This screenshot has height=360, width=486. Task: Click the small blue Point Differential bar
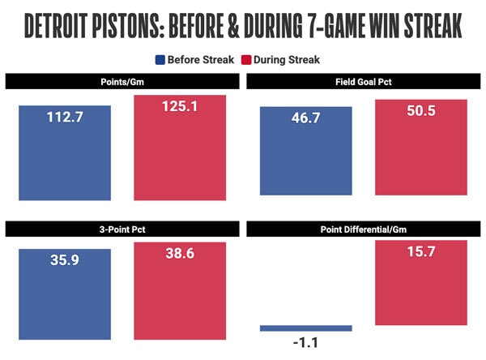point(305,328)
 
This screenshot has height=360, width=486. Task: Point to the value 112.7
point(64,118)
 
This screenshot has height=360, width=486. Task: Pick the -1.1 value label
point(305,342)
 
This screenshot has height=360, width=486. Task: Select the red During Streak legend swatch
point(247,59)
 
